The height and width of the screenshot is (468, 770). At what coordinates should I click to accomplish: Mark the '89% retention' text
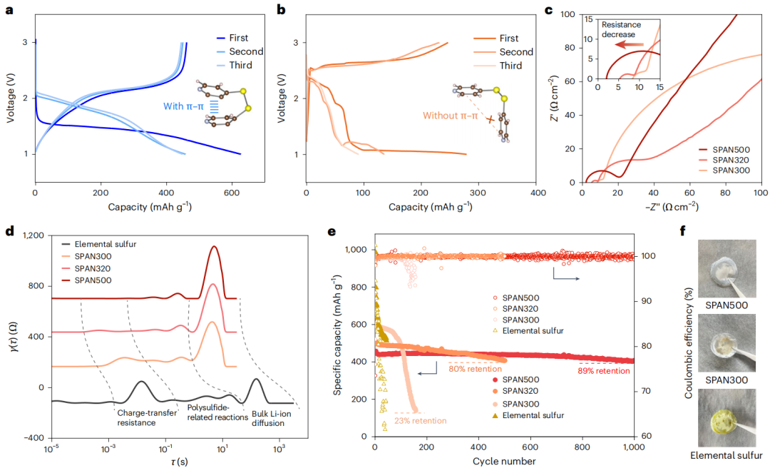[605, 370]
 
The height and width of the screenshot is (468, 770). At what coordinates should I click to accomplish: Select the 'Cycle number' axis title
[505, 462]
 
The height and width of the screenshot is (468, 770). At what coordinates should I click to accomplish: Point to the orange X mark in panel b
[490, 120]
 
